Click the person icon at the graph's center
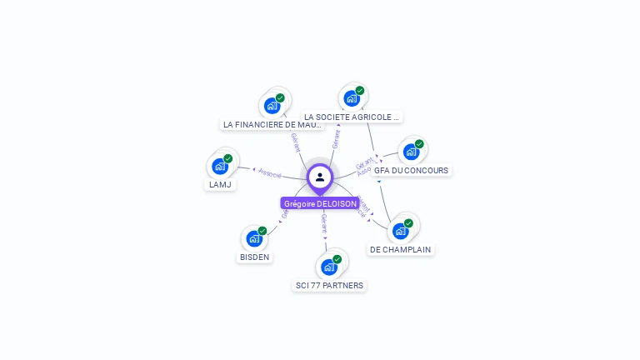tap(320, 177)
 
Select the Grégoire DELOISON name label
tap(320, 203)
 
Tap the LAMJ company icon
tap(220, 166)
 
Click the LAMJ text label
tap(220, 184)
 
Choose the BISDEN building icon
tap(254, 238)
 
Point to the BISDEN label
tap(254, 257)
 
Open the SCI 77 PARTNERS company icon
tap(329, 267)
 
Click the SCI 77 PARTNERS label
tap(330, 285)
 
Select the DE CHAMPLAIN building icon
tap(401, 231)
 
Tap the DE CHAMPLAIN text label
tap(402, 249)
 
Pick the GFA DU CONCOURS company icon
tap(411, 152)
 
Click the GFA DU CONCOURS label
tap(411, 170)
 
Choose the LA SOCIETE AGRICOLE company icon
tap(352, 98)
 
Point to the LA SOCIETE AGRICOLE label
tap(352, 117)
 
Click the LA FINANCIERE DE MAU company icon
tap(272, 106)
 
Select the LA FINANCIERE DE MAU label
tap(272, 124)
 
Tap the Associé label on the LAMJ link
tap(270, 172)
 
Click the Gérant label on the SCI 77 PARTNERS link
tap(324, 222)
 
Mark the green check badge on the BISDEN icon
tap(262, 231)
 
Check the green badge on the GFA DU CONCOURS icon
tap(419, 144)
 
